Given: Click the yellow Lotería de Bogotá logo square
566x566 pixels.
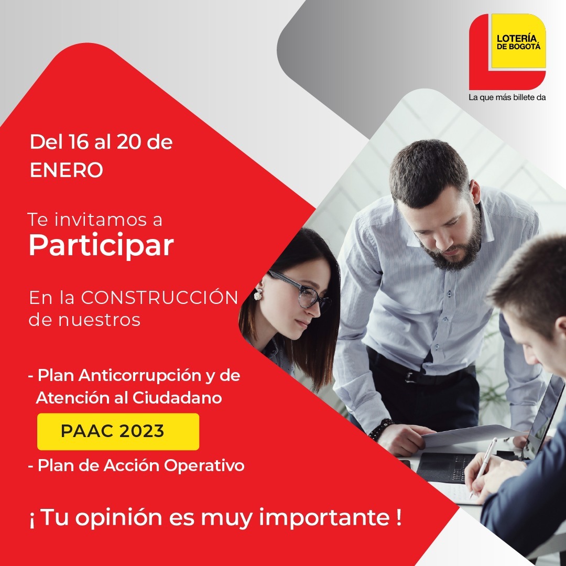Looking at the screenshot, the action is (518, 41).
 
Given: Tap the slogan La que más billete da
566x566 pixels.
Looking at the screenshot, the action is (507, 97).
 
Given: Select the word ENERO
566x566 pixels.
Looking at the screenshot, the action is (67, 170).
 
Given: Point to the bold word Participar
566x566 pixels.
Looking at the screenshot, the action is (101, 246).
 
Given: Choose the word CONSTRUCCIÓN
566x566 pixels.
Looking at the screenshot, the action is (159, 298).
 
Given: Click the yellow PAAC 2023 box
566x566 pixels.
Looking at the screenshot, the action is (118, 431).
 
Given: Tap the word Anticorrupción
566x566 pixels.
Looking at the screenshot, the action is (140, 376).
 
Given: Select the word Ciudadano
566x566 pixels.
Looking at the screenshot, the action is (177, 398).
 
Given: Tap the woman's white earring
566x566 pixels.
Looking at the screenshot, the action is (258, 295).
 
